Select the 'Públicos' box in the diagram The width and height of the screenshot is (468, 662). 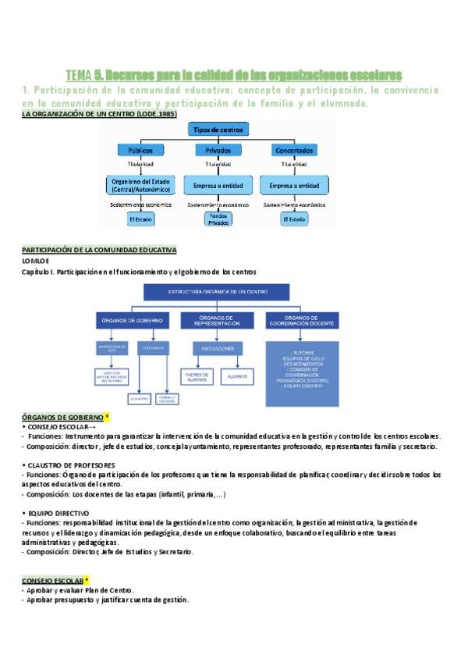[140, 149]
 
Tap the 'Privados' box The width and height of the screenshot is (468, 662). [218, 149]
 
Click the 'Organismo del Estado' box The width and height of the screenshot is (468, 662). [140, 186]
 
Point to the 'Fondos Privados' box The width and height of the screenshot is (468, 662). [218, 219]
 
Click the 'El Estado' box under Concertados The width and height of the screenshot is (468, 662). [296, 220]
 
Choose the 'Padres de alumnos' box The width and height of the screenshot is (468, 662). [196, 375]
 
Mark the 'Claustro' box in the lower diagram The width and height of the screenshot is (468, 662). [140, 397]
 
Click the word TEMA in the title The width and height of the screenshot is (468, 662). [78, 75]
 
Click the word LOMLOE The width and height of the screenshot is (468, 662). [36, 260]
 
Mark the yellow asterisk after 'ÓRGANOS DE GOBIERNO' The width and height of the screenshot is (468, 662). [107, 417]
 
